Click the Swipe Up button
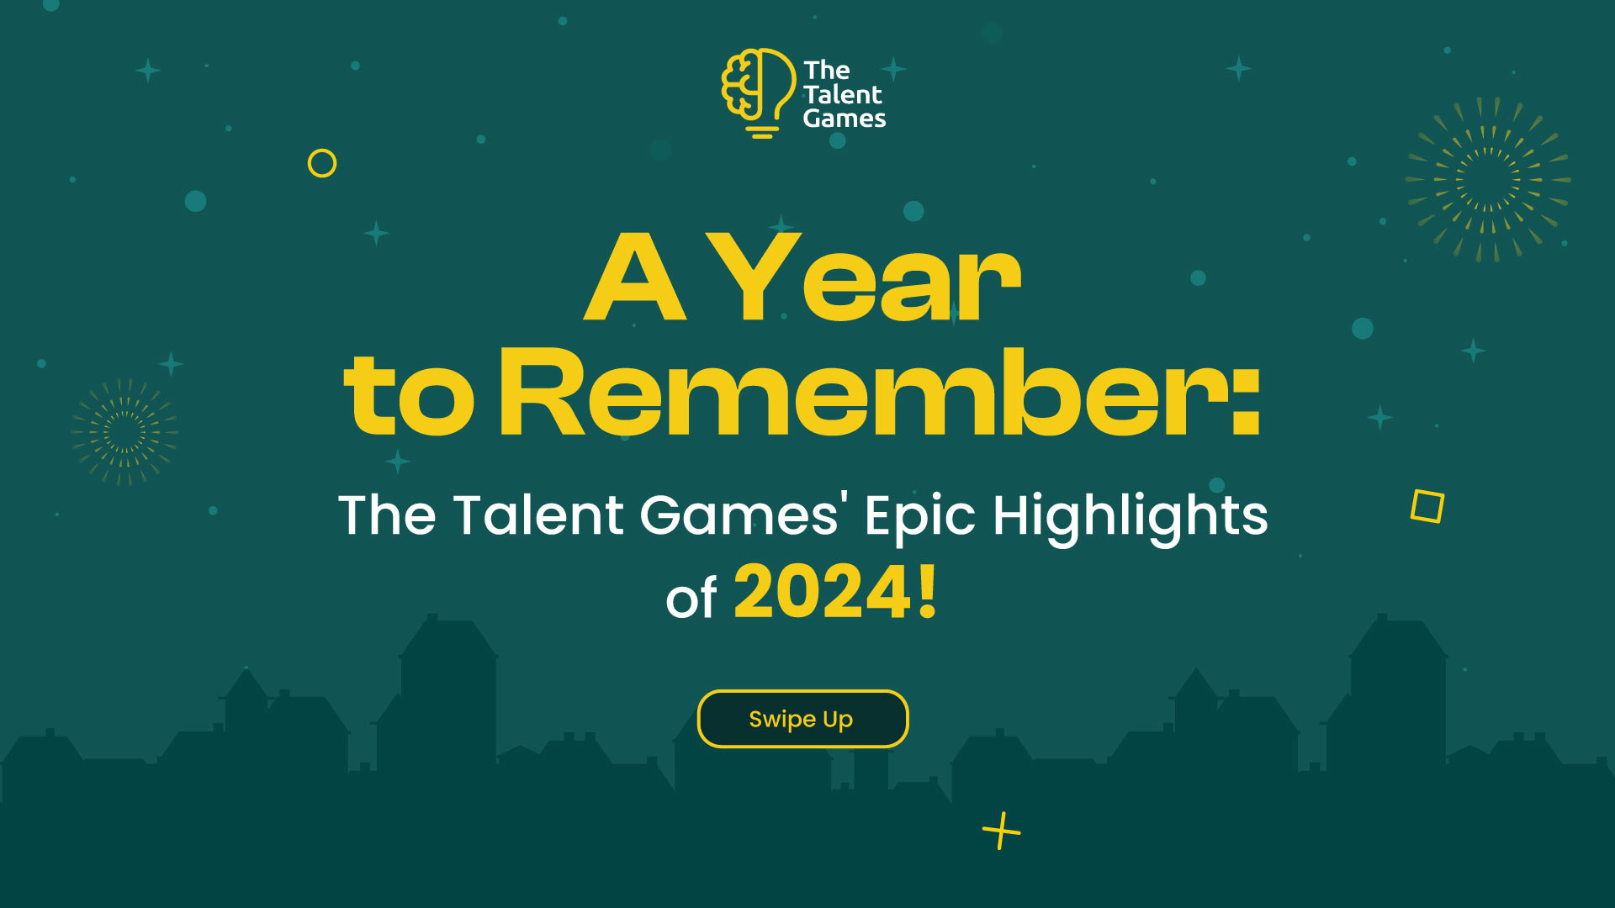(x=802, y=719)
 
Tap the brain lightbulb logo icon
(x=758, y=92)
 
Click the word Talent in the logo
(x=842, y=94)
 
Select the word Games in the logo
(x=845, y=119)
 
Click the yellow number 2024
(x=823, y=592)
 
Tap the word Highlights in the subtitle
(x=1130, y=517)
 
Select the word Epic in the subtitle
(x=920, y=517)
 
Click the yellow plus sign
(x=1001, y=831)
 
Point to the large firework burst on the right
(x=1488, y=179)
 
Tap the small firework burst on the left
(x=124, y=431)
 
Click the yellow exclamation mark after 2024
(x=928, y=592)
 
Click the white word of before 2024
(x=691, y=599)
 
